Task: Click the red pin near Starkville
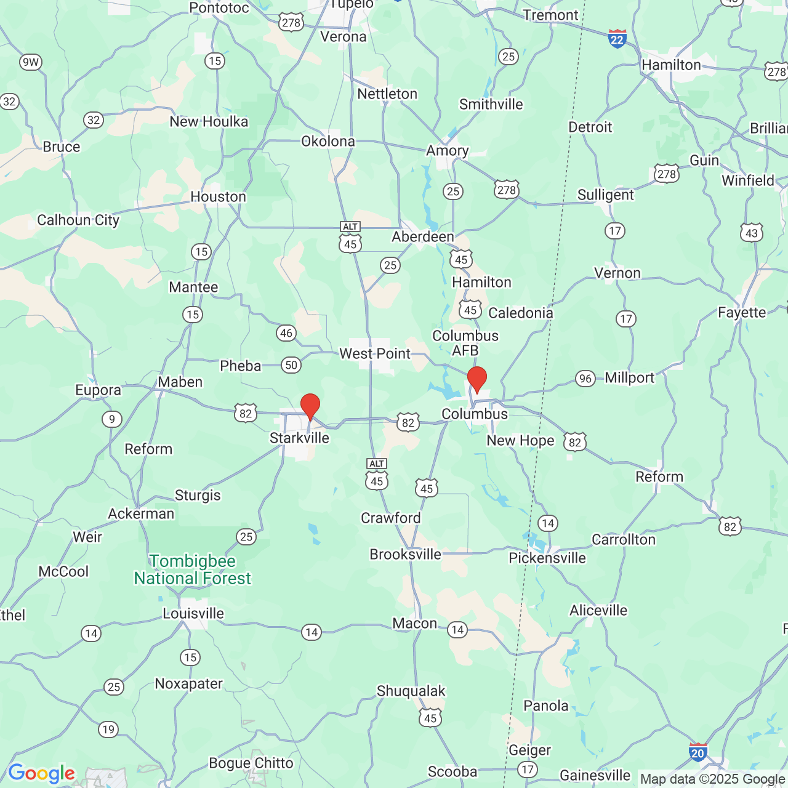coord(310,406)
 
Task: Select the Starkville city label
coord(299,438)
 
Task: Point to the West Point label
coord(375,354)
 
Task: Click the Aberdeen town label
coord(423,237)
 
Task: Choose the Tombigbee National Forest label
coord(193,570)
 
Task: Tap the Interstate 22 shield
coord(617,39)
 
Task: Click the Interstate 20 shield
coord(698,752)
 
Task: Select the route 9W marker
coord(30,62)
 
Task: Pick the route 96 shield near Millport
coord(585,379)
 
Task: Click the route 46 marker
coord(286,333)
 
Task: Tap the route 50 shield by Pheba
coord(291,365)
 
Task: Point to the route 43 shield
coord(752,233)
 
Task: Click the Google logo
coord(41,773)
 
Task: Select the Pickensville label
coord(547,558)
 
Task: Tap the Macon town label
coord(415,624)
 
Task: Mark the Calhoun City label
coord(78,220)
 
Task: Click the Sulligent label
coord(605,195)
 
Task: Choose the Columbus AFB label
coord(465,343)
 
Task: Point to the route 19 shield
coord(108,730)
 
